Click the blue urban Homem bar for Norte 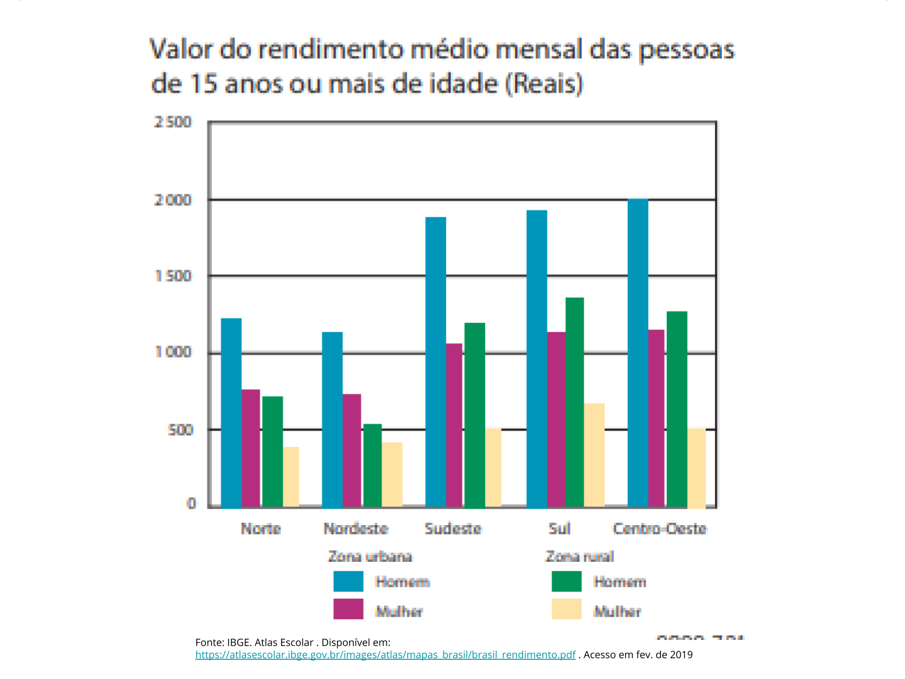tap(231, 413)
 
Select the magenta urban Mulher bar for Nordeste tap(352, 450)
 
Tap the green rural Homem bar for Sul tap(575, 402)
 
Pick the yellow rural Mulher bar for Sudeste tap(493, 468)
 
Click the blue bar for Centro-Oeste tap(637, 353)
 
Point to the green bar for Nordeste tap(372, 465)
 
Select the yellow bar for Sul tap(594, 455)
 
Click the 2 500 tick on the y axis tap(173, 122)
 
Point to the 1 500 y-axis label tap(173, 276)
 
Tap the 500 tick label tap(180, 430)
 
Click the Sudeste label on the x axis tap(453, 528)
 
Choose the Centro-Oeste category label tap(660, 528)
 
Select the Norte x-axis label tap(261, 528)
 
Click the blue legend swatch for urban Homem tap(348, 581)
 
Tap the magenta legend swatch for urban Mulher tap(348, 609)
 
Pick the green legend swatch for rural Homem tap(566, 581)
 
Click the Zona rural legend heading tap(580, 557)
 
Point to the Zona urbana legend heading tap(370, 557)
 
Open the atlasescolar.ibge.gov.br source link tap(385, 655)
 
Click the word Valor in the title tap(181, 50)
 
